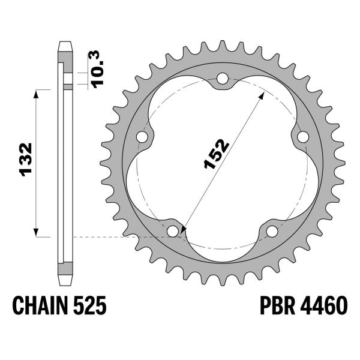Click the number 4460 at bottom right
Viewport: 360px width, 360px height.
click(325, 307)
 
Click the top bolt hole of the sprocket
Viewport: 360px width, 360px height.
click(223, 79)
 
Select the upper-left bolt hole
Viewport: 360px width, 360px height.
click(142, 137)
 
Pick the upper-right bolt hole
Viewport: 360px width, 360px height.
click(303, 137)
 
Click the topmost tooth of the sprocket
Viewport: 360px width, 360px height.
click(223, 44)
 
